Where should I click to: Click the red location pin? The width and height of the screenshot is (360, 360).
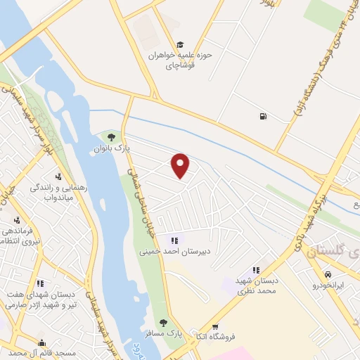tap(181, 165)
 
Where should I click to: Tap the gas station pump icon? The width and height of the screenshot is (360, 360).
tap(263, 117)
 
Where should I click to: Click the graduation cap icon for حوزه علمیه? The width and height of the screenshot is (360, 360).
tap(181, 44)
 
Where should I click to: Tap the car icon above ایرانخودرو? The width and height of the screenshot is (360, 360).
tap(328, 274)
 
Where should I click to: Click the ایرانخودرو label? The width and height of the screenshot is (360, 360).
tap(328, 286)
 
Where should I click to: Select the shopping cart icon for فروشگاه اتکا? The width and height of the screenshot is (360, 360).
tap(215, 326)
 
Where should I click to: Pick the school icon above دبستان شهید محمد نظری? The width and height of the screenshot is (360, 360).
tap(256, 270)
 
